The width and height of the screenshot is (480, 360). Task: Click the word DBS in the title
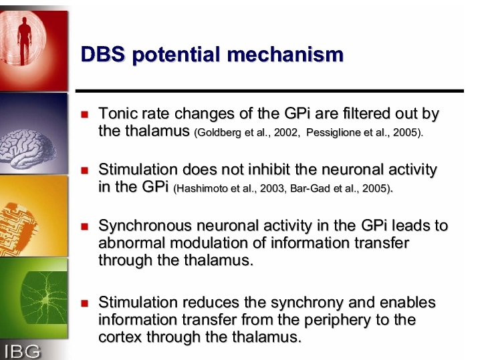[x=103, y=55]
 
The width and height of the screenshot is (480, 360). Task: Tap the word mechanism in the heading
[x=285, y=55]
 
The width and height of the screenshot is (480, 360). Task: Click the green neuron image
[x=44, y=297]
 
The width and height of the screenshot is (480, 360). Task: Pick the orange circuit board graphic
[x=18, y=228]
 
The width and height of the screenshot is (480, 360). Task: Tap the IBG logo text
[x=23, y=351]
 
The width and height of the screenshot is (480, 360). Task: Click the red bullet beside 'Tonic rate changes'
[x=85, y=115]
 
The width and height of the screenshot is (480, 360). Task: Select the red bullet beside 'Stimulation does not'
[x=85, y=170]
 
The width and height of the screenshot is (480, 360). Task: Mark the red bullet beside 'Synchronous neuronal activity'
[x=85, y=226]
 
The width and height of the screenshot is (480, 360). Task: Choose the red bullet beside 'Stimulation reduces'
[x=85, y=303]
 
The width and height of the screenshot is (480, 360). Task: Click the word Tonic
[x=118, y=113]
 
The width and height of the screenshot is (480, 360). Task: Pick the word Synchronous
[x=145, y=226]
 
